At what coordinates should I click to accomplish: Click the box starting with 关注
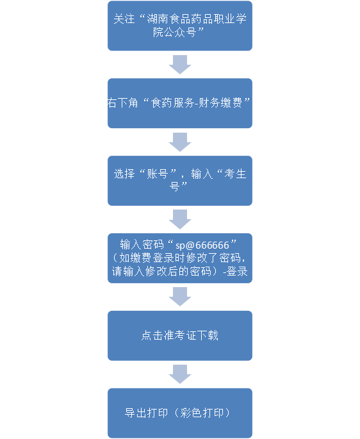180,26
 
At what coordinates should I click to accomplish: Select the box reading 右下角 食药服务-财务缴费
180,103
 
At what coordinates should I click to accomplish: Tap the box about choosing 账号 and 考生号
180,181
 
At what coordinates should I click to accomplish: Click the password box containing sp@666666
180,258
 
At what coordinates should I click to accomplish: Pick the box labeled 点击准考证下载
180,336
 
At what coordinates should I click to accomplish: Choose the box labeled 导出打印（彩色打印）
180,413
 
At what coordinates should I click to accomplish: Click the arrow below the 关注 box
180,65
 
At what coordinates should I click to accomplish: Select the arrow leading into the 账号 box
180,142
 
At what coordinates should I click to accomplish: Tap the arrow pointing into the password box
180,219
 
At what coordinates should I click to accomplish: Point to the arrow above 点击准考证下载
180,297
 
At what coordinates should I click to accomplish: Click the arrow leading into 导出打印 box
180,374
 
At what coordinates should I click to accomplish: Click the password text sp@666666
202,245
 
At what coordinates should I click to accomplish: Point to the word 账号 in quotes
158,174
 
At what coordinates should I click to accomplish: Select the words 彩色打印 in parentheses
202,413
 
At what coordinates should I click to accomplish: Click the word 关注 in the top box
124,19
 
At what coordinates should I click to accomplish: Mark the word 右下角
122,103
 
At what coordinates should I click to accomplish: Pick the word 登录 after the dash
237,271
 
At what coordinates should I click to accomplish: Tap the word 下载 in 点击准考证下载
208,335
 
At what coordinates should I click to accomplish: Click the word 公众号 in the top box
174,33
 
